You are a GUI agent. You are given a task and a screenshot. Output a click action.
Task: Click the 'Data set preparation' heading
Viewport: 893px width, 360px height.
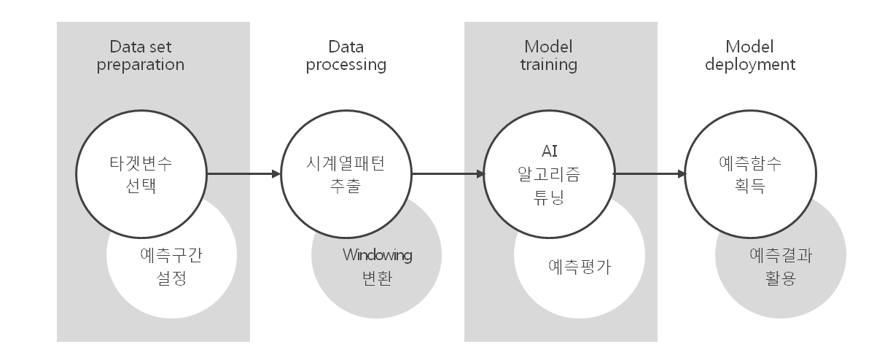point(141,56)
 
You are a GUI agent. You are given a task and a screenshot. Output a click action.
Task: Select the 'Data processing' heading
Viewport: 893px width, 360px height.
point(346,56)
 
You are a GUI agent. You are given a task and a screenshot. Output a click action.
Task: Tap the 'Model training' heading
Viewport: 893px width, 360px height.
point(548,56)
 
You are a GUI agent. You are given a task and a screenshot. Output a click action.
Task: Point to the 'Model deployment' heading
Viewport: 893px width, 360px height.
point(750,56)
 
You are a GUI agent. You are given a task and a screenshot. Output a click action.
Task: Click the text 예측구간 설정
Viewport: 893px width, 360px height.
point(171,266)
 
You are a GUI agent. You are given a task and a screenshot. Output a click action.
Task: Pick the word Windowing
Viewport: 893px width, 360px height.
point(377,255)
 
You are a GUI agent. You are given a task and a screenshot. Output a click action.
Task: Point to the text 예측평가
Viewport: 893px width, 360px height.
point(580,267)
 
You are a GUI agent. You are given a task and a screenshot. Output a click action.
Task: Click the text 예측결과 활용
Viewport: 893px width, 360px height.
point(781,266)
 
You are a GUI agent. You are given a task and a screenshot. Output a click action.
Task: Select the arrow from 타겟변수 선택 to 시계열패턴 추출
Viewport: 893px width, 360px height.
point(244,174)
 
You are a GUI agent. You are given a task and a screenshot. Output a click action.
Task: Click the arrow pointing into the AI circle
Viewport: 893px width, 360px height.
point(448,174)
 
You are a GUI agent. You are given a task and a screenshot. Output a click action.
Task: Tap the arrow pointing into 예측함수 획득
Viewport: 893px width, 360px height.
point(650,174)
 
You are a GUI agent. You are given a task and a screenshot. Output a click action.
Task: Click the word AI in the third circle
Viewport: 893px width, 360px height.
point(550,151)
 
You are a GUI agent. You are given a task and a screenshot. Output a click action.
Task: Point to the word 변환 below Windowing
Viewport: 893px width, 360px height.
point(377,278)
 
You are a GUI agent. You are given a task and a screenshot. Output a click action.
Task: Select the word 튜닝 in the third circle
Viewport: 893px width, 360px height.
point(549,197)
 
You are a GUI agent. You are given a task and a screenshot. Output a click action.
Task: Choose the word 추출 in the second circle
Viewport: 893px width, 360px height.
point(346,186)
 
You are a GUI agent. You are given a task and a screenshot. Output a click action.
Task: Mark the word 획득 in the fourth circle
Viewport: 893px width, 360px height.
point(750,186)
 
